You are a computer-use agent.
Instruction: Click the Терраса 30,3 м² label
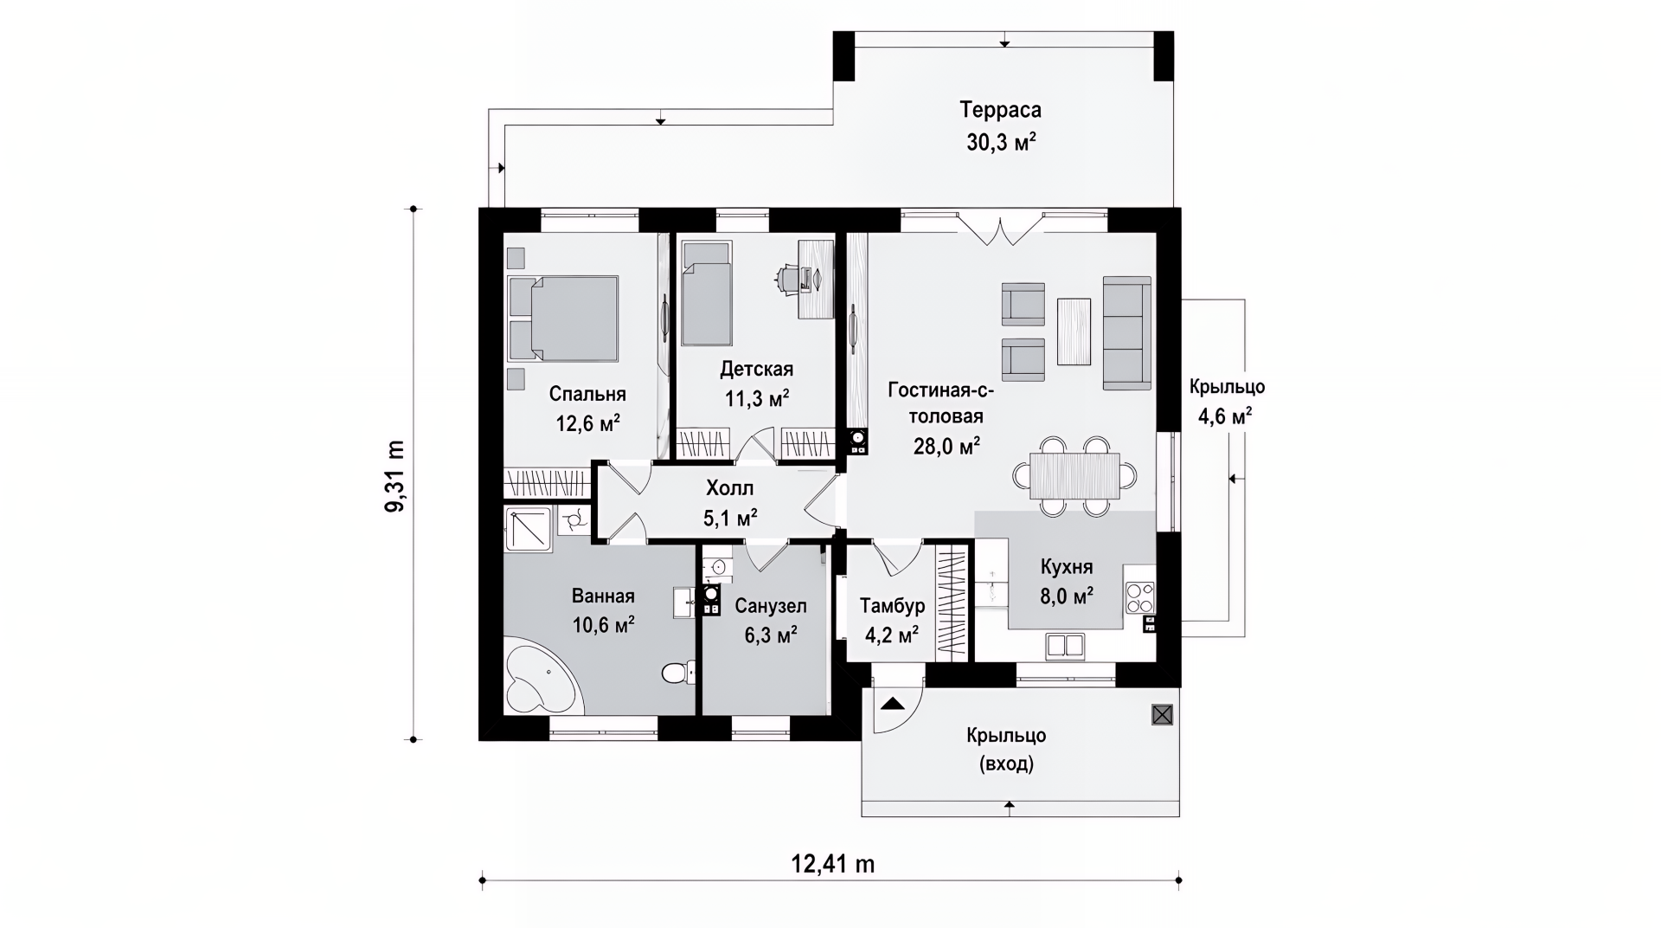click(x=1000, y=126)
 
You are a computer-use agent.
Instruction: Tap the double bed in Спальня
click(x=563, y=318)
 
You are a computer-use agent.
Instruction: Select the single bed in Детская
click(x=706, y=293)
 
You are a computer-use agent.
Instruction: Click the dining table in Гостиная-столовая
click(x=1074, y=476)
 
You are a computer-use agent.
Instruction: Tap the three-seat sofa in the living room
click(x=1126, y=333)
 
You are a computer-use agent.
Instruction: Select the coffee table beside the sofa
click(x=1074, y=331)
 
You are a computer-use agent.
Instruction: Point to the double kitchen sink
click(x=1065, y=646)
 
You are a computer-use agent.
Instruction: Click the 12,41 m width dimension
click(x=831, y=864)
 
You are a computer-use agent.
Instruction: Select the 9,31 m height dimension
click(x=394, y=475)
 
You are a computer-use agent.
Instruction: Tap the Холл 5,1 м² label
click(x=730, y=503)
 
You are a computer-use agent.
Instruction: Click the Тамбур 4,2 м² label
click(x=892, y=621)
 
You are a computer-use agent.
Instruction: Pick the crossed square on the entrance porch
click(x=1162, y=714)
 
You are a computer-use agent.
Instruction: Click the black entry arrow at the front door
click(x=890, y=704)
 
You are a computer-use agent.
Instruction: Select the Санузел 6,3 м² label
click(x=771, y=621)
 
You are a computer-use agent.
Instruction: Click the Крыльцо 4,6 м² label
click(x=1226, y=402)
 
